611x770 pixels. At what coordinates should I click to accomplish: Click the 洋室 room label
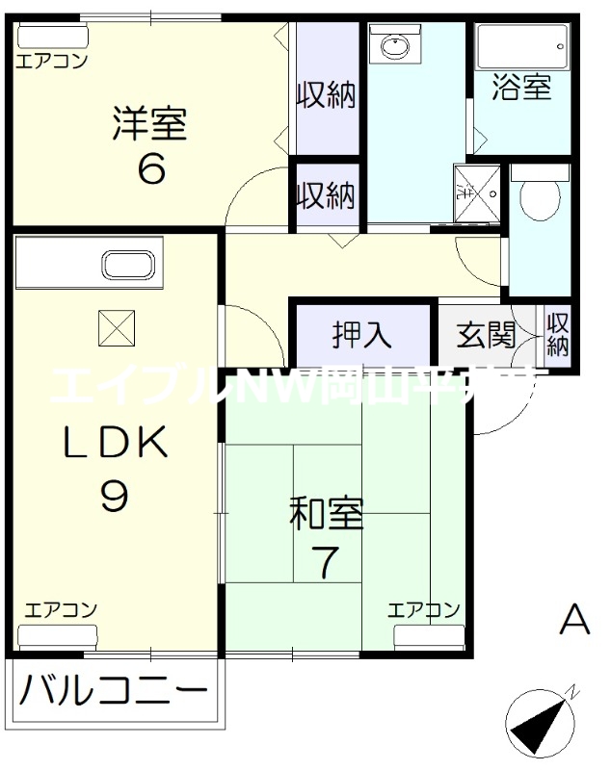[148, 125]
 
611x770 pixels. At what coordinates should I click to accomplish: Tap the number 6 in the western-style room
[151, 169]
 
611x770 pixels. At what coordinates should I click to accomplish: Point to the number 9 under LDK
[114, 495]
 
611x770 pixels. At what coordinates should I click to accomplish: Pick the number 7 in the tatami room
[328, 562]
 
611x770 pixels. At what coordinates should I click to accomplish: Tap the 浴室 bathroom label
[521, 87]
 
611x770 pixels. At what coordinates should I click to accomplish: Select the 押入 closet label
[362, 334]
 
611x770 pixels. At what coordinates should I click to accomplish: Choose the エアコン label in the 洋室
[51, 61]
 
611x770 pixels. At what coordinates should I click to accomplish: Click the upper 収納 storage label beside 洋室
[326, 94]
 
